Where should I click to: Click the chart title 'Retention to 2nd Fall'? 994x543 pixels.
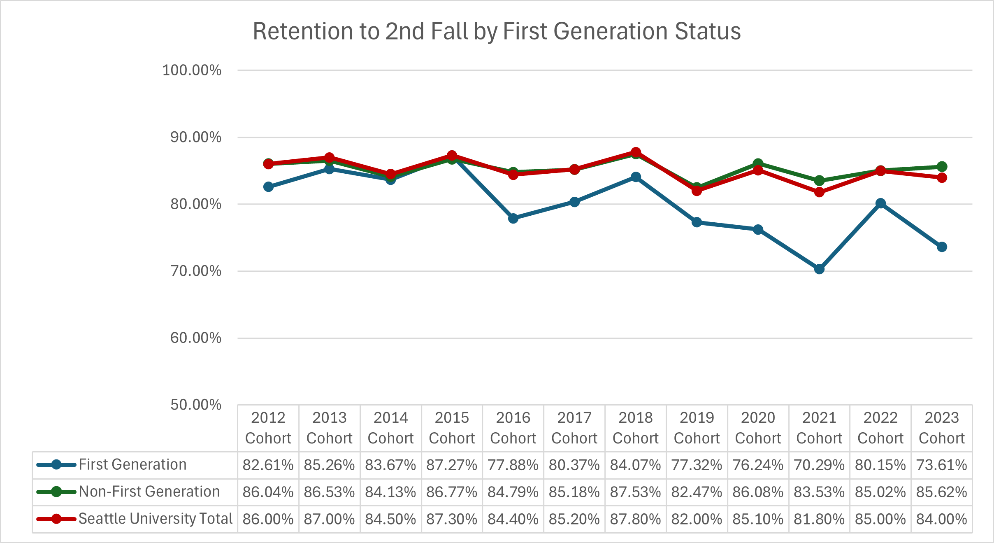(497, 31)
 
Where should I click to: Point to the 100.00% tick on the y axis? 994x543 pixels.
(192, 70)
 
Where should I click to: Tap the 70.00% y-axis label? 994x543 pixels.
(196, 271)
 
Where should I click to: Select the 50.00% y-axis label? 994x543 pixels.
(196, 405)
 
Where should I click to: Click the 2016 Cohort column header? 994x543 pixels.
(513, 428)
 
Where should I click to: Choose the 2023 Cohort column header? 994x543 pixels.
(942, 428)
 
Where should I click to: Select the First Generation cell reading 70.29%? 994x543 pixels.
(819, 465)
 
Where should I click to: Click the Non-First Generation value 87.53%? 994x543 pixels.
(636, 492)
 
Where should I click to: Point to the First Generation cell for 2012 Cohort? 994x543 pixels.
(268, 465)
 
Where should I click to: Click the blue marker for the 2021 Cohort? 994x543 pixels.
(819, 269)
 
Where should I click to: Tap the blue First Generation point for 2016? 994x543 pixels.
(513, 218)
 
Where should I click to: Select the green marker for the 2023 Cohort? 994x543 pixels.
(942, 167)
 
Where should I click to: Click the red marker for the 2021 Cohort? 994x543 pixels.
(819, 192)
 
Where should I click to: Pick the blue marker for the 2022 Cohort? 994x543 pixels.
(880, 203)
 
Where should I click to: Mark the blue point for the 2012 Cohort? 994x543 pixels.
(268, 187)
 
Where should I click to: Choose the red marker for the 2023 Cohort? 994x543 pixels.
(942, 178)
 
